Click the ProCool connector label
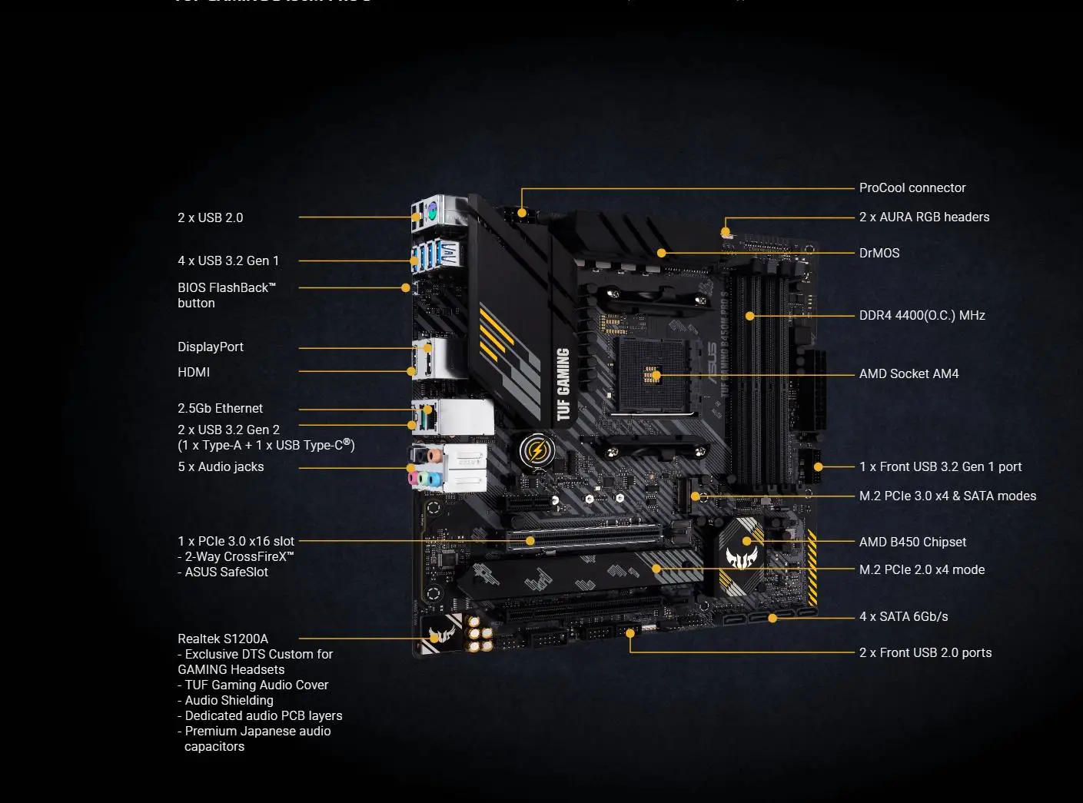pyautogui.click(x=912, y=187)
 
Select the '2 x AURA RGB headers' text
pyautogui.click(x=924, y=217)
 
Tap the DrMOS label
pyautogui.click(x=879, y=253)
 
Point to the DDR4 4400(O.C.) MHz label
pyautogui.click(x=922, y=315)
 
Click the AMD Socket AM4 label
pyautogui.click(x=909, y=373)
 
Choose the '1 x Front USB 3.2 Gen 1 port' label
pyautogui.click(x=940, y=466)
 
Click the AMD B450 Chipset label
pyautogui.click(x=912, y=542)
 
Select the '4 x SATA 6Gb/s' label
pyautogui.click(x=903, y=616)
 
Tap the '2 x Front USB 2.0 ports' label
pyautogui.click(x=925, y=652)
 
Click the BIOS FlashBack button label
pyautogui.click(x=226, y=295)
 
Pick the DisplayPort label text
pyautogui.click(x=210, y=347)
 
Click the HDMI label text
pyautogui.click(x=193, y=372)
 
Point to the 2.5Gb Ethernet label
pyautogui.click(x=220, y=408)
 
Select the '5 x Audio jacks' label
pyautogui.click(x=221, y=466)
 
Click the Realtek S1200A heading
pyautogui.click(x=222, y=639)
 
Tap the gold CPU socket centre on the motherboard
pyautogui.click(x=653, y=375)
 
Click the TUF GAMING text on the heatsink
pyautogui.click(x=563, y=383)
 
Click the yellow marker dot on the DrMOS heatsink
pyautogui.click(x=661, y=253)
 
